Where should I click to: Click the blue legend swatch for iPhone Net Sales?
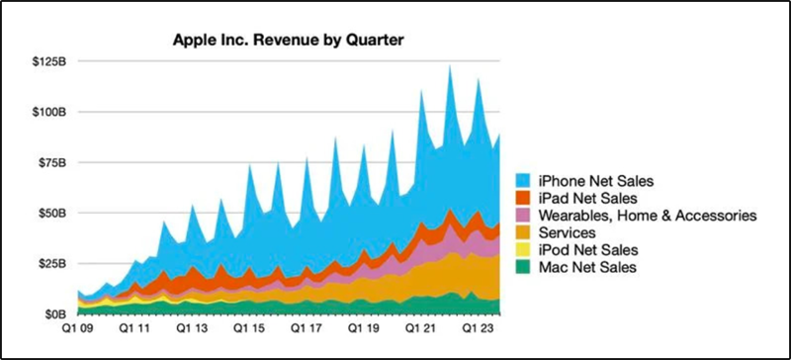(x=524, y=181)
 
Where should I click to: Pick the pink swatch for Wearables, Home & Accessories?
(x=524, y=215)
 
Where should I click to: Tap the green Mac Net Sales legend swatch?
(x=524, y=267)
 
